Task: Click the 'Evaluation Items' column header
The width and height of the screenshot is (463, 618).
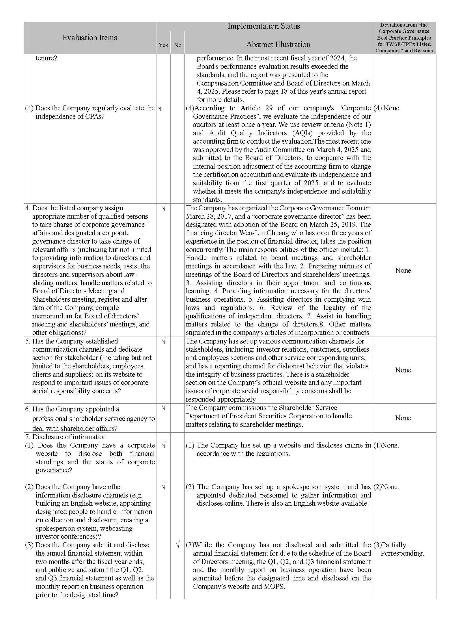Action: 90,38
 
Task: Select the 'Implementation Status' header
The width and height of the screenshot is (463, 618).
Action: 264,26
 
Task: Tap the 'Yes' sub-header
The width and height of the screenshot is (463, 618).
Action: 163,45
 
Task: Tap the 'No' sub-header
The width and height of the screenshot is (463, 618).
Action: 178,45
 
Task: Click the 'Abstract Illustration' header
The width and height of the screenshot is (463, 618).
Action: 278,44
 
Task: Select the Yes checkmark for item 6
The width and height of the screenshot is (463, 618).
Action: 163,408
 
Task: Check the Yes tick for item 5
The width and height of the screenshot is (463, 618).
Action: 163,341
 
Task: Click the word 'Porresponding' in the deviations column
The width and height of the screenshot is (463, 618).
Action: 402,553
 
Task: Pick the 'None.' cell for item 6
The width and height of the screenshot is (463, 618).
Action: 404,418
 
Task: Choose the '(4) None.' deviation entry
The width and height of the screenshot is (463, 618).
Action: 387,108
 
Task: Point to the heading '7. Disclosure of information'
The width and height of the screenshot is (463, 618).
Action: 66,437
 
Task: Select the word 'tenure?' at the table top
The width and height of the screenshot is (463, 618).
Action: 46,58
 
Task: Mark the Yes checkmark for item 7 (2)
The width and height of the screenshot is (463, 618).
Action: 163,487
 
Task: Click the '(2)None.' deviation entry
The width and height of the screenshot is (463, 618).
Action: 386,487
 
